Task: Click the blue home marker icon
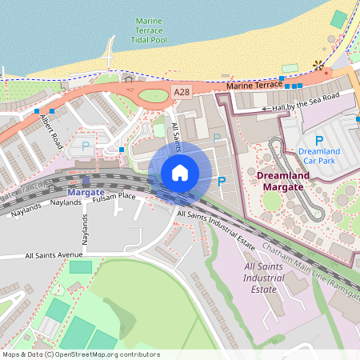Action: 180,173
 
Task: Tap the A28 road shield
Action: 182,94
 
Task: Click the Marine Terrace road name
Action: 254,85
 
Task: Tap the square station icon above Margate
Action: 86,180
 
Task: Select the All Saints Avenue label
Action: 54,256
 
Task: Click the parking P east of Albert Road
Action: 86,147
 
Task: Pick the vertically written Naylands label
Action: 83,227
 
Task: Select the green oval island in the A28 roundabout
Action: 154,97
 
